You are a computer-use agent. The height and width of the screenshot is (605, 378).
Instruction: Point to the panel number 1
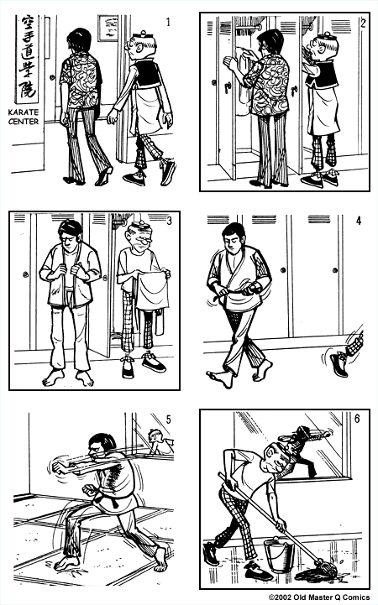[168, 23]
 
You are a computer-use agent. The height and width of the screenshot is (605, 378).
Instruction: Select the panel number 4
[358, 222]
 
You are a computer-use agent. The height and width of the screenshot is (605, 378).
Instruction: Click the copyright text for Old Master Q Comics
[318, 598]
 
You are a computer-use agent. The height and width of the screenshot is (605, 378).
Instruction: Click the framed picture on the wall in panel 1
[108, 29]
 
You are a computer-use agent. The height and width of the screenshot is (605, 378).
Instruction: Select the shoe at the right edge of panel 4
[339, 362]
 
